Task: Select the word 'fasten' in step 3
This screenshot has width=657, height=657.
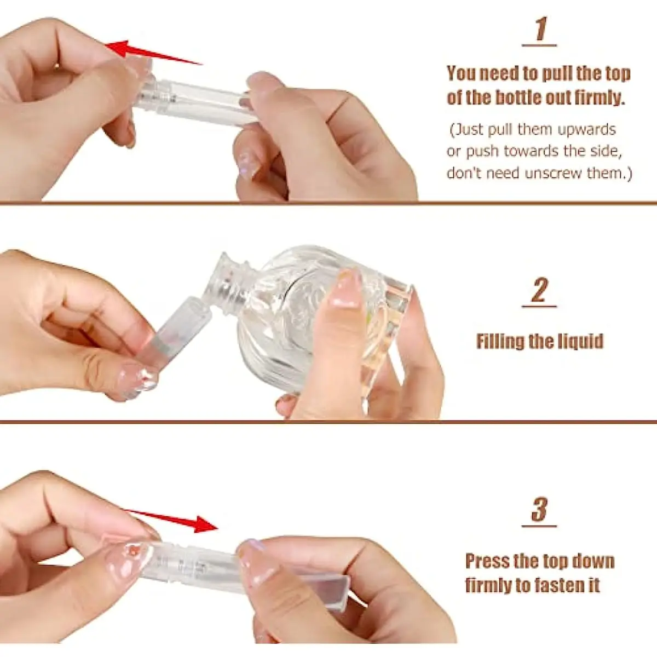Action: [549, 586]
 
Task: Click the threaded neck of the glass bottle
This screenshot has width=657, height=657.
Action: [228, 283]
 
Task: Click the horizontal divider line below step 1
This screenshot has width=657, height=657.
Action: [328, 204]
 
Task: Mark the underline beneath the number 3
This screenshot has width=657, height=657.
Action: [539, 527]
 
